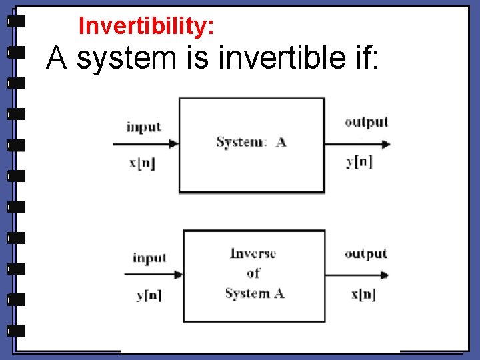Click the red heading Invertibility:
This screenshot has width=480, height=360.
coord(146,26)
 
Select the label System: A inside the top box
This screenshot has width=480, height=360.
coord(251,142)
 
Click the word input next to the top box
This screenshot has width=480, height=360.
coord(143,127)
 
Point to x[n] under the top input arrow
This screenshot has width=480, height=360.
coord(142,163)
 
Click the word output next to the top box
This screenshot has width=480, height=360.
coord(366,122)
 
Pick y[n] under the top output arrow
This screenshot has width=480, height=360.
coord(359,162)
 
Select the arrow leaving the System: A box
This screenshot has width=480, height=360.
coord(357,144)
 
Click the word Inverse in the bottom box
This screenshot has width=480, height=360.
coord(253,254)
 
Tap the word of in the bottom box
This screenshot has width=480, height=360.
coord(253,273)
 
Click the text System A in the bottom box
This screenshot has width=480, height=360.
coord(254,293)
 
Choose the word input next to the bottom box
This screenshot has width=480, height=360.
coord(149,258)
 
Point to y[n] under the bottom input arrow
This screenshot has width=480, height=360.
coord(149,295)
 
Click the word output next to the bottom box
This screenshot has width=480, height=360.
coord(365,254)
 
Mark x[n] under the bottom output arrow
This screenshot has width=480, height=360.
coord(363,295)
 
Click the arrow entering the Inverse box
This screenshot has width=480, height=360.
coord(153,274)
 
